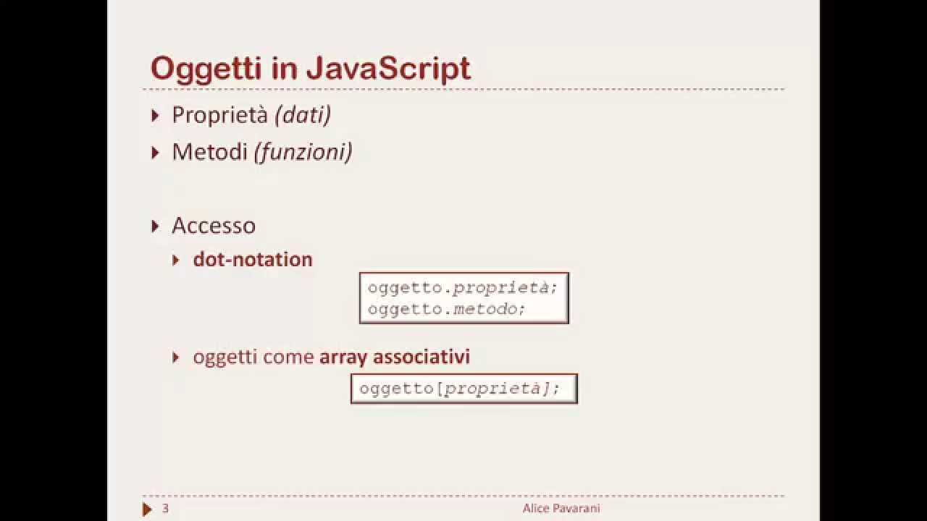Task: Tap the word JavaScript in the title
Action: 388,69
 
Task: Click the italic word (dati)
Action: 302,115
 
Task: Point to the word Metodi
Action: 209,152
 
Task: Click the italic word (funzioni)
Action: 303,152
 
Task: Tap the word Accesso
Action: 214,226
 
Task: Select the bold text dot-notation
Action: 253,260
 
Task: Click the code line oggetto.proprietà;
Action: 463,287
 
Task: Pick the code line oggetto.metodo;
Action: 446,309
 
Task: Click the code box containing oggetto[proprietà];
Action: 463,389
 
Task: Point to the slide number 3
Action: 165,509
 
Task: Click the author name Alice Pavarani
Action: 561,509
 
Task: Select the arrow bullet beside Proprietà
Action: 155,115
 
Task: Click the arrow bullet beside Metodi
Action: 155,152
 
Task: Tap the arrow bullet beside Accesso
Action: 155,226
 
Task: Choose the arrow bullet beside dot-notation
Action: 176,260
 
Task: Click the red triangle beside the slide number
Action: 147,509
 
